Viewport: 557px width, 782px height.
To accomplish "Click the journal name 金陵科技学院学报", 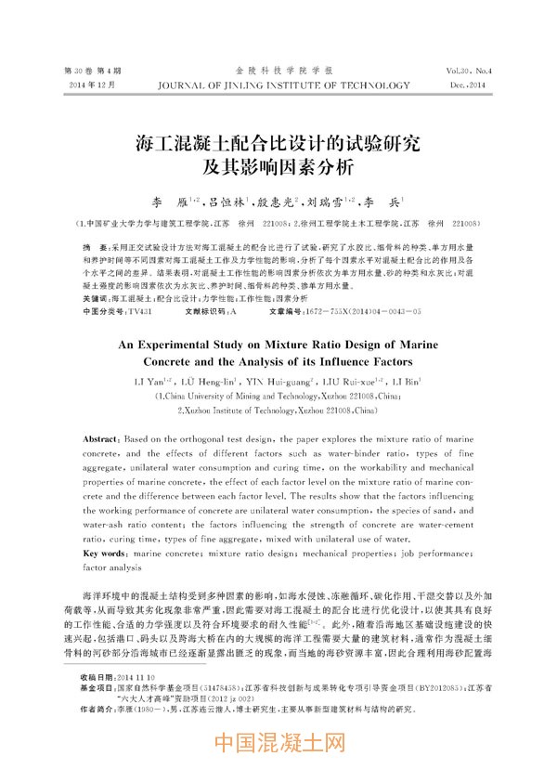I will tap(278, 71).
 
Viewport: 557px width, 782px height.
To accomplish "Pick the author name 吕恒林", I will tap(227, 202).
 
